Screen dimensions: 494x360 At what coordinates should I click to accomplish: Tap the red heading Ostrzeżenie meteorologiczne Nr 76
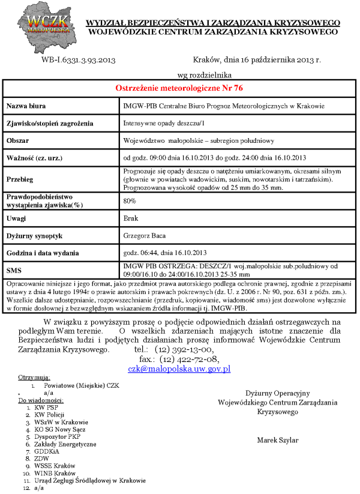tap(179, 88)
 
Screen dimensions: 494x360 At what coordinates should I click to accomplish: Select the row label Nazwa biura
tap(28, 106)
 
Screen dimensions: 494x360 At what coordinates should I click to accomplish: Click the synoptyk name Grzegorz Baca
tap(145, 235)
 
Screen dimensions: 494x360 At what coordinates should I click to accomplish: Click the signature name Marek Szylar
tap(278, 440)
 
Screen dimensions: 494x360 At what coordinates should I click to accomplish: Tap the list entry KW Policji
tap(50, 415)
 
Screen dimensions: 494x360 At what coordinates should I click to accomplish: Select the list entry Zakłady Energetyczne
tap(65, 444)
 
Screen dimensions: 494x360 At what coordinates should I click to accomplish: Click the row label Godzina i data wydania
tap(47, 253)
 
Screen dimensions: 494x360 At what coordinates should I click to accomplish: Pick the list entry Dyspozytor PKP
tap(58, 437)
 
